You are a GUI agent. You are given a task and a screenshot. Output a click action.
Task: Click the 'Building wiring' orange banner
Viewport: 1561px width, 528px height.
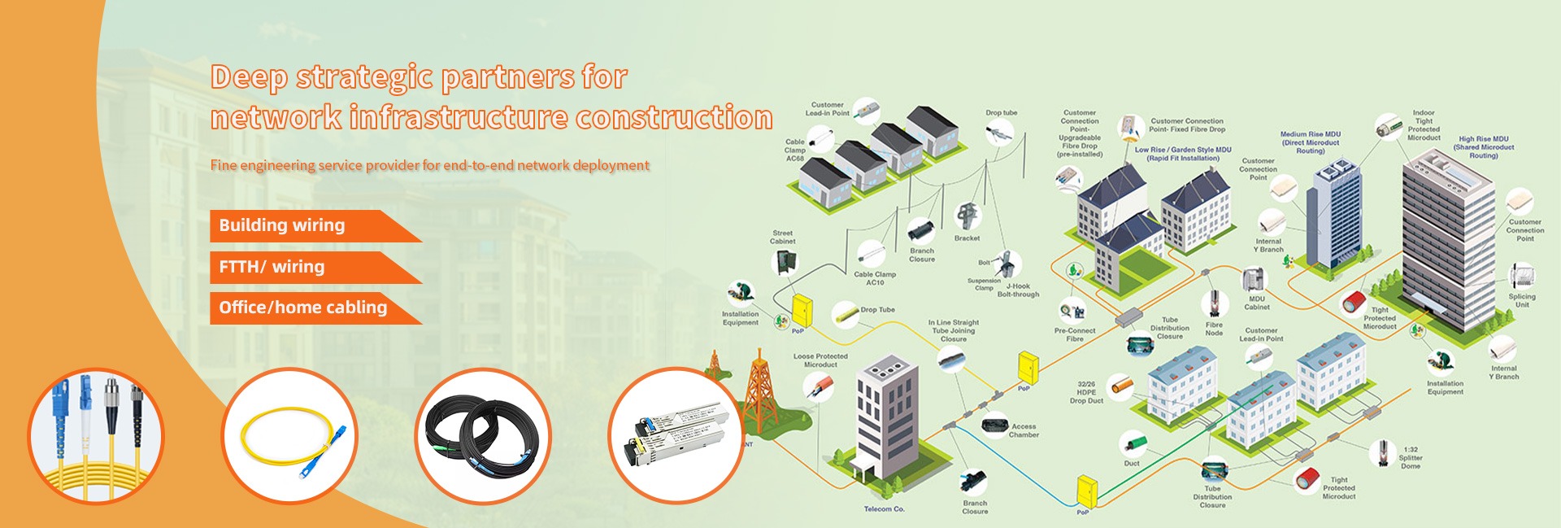click(x=282, y=225)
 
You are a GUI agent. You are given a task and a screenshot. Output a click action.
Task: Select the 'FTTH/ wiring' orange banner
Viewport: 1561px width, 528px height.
click(x=272, y=267)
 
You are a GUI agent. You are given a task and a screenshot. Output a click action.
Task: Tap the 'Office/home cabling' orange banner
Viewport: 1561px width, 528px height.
click(x=302, y=308)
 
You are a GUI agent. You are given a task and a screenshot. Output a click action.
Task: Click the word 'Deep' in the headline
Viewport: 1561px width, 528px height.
click(x=249, y=77)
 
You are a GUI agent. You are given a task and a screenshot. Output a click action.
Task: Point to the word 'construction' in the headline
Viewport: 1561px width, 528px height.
click(x=674, y=118)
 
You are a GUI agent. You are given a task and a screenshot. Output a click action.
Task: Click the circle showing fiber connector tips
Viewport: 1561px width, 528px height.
click(x=96, y=435)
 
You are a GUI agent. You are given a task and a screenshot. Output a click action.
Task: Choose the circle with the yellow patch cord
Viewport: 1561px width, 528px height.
click(x=290, y=435)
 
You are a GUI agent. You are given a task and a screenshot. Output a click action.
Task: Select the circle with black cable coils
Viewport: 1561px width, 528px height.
click(x=483, y=435)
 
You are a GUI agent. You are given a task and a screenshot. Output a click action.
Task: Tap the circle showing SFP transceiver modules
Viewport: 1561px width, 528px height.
click(x=676, y=435)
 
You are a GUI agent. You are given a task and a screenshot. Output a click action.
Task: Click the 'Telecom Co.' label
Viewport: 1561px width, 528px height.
click(x=884, y=509)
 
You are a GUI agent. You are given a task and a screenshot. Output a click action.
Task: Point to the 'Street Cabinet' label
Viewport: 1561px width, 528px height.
click(x=783, y=238)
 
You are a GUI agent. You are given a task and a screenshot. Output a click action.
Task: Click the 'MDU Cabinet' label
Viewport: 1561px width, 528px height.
click(x=1257, y=303)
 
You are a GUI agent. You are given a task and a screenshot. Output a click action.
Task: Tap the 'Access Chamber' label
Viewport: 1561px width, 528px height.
click(x=1024, y=430)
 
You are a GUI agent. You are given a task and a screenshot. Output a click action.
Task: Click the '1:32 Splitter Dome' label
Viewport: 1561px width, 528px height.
click(x=1411, y=457)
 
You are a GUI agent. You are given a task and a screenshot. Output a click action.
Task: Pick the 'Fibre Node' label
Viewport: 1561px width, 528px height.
click(x=1214, y=329)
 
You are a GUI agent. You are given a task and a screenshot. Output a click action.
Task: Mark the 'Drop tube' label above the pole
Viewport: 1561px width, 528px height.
click(x=1002, y=113)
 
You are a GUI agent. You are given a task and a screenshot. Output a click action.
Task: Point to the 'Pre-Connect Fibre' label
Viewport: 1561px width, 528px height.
click(x=1075, y=334)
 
